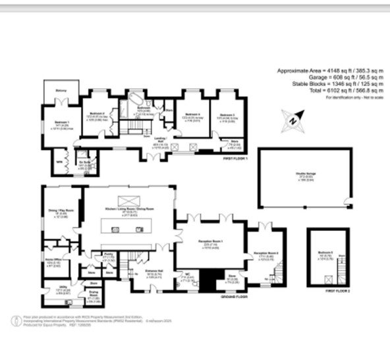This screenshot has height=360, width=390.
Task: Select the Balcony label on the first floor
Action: click(55, 91)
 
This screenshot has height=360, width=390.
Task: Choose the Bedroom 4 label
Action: click(192, 114)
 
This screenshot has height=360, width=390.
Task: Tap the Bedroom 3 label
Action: click(227, 114)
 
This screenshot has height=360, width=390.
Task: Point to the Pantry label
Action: click(106, 257)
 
